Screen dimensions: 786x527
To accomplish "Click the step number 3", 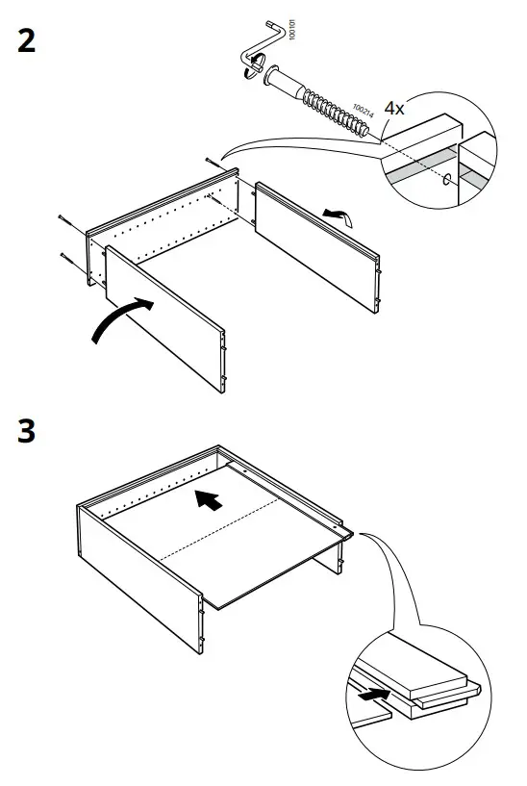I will [27, 431].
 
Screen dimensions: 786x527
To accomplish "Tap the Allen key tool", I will [262, 48].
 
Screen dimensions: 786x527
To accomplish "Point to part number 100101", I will [292, 35].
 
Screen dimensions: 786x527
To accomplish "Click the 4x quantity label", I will [394, 109].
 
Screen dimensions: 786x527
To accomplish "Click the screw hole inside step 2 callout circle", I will [447, 179].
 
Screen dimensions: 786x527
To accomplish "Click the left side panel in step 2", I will [163, 317].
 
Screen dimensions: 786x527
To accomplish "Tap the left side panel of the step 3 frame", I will [135, 568].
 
